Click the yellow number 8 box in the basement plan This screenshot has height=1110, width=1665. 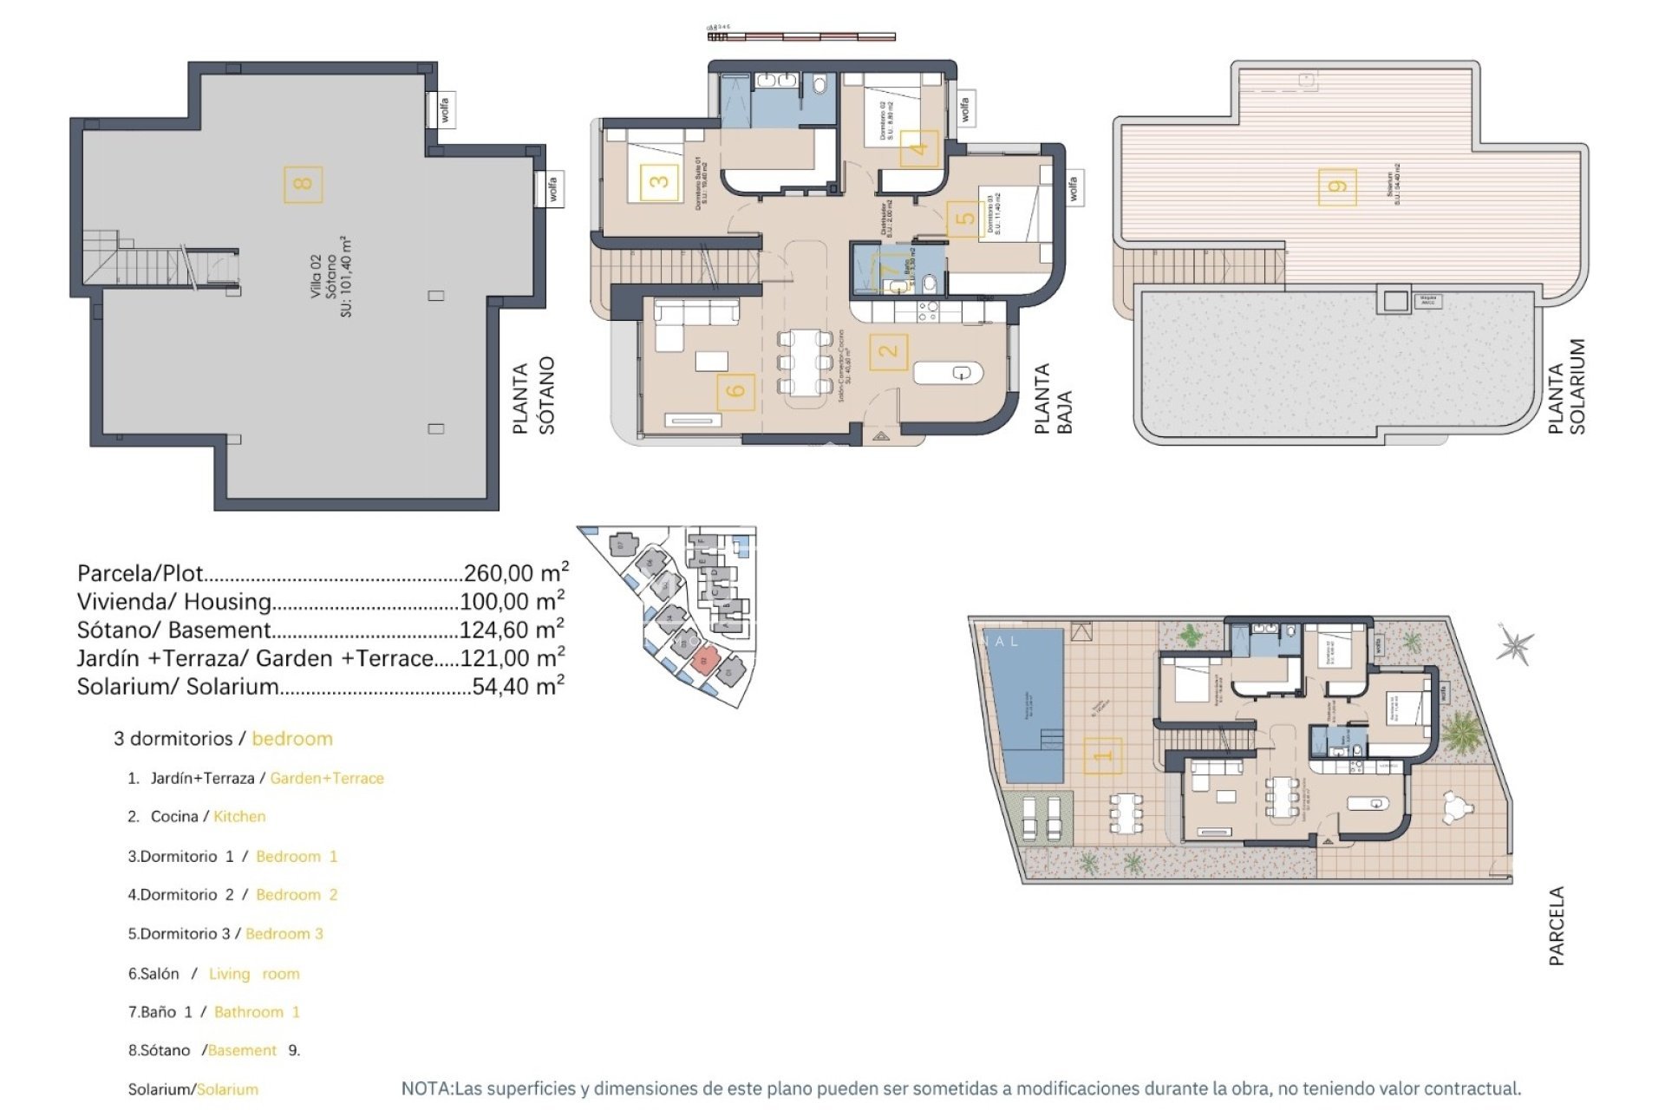(x=303, y=184)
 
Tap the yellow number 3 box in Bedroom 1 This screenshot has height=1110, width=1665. (x=659, y=181)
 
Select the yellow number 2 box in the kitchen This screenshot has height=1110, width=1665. (x=888, y=351)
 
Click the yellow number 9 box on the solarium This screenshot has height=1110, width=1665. (x=1336, y=186)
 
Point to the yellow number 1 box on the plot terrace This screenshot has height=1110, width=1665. (x=1102, y=755)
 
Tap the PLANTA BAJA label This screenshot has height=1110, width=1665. (x=1054, y=399)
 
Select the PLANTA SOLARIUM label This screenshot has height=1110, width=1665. (x=1566, y=387)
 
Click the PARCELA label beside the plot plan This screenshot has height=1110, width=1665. (x=1557, y=925)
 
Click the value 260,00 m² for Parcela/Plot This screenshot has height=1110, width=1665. (x=516, y=572)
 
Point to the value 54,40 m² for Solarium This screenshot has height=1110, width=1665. (x=518, y=686)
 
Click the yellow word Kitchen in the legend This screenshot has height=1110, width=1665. (x=239, y=816)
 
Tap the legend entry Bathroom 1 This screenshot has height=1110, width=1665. (x=257, y=1012)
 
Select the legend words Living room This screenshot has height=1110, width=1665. (x=254, y=974)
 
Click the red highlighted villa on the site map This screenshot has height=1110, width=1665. (x=706, y=659)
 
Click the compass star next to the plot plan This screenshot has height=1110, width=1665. (x=1515, y=645)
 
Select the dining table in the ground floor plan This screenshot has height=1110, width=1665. (x=804, y=362)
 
